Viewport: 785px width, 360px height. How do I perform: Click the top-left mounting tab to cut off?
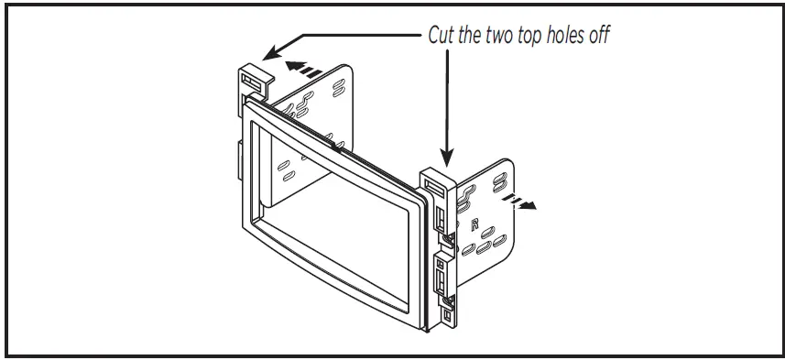point(254,80)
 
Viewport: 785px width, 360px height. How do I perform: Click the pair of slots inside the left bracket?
point(286,171)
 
